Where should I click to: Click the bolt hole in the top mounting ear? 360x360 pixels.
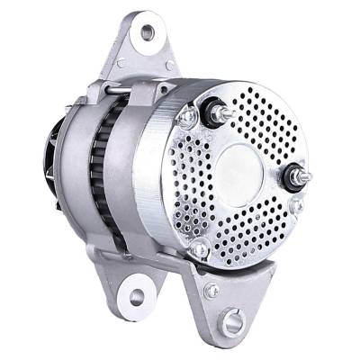tap(147, 33)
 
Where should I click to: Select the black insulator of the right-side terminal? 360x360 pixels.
tap(292, 178)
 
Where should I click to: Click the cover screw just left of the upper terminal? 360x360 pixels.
tap(188, 117)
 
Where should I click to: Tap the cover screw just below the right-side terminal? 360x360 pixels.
tap(298, 204)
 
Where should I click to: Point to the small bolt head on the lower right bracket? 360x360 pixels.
tap(211, 291)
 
